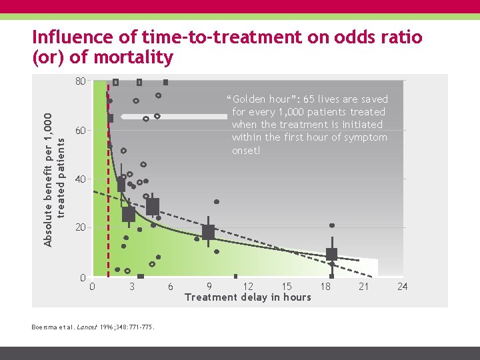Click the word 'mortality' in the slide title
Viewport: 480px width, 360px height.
(x=133, y=57)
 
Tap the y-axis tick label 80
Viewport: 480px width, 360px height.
(x=80, y=81)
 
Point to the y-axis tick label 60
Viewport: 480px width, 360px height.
(x=80, y=131)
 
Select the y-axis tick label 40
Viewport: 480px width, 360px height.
(x=80, y=179)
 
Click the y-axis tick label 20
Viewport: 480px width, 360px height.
(x=80, y=227)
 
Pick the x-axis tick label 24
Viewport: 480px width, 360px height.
(x=402, y=287)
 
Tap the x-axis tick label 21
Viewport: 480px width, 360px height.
(x=363, y=287)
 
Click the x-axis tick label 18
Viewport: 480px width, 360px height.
(x=325, y=287)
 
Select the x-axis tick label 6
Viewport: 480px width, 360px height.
(x=171, y=287)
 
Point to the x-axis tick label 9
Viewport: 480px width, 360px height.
(x=209, y=287)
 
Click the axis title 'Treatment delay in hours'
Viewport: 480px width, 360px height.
(x=247, y=297)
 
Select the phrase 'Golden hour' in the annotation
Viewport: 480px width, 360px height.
(x=261, y=99)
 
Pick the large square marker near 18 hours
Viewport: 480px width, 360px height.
(x=331, y=254)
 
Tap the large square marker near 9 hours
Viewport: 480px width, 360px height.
(x=208, y=232)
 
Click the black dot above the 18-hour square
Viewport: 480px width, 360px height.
(x=332, y=225)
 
